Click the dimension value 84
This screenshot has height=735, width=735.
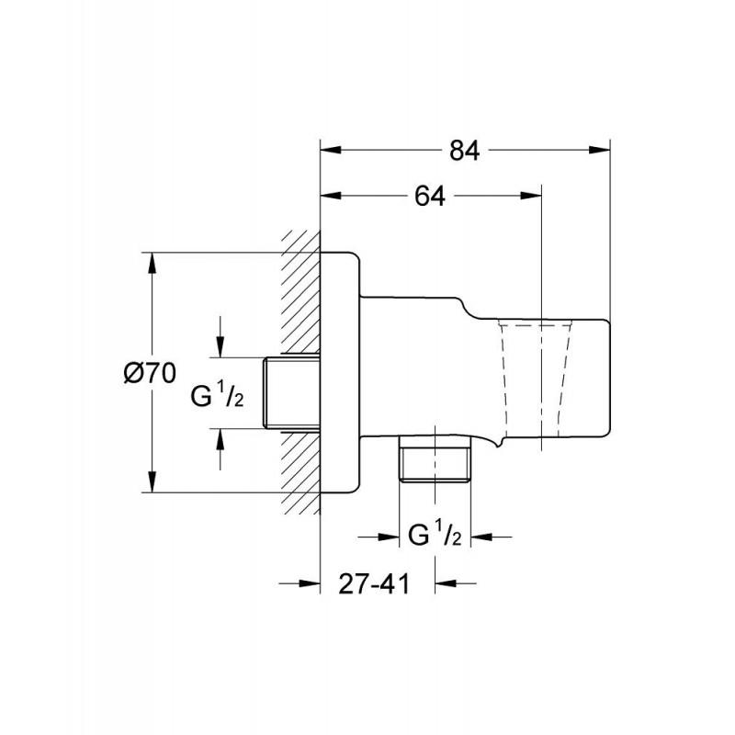[x=465, y=151]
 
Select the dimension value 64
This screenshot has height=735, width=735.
[x=429, y=196]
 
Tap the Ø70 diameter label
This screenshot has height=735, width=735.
[x=150, y=373]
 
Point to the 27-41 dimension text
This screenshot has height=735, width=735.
[x=374, y=583]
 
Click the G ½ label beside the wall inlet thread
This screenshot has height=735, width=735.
[x=217, y=398]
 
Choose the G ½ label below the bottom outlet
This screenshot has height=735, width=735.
[x=435, y=536]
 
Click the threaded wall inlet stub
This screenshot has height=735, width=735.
[x=291, y=392]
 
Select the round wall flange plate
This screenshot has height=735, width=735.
[x=340, y=373]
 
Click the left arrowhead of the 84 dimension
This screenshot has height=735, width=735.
[x=330, y=150]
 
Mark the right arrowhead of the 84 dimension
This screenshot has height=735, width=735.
[x=600, y=150]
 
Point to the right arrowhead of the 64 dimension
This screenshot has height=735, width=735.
[x=532, y=196]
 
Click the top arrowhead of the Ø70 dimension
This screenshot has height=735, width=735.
[x=152, y=263]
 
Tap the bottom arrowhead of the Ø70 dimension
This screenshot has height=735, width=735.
[x=152, y=482]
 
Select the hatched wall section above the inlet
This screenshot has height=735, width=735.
[x=301, y=293]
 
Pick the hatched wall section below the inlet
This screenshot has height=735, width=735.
[x=301, y=472]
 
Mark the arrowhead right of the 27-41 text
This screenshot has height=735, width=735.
[x=446, y=583]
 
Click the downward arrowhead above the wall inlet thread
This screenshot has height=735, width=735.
[x=220, y=347]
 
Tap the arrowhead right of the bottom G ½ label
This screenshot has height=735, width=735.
[x=481, y=537]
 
